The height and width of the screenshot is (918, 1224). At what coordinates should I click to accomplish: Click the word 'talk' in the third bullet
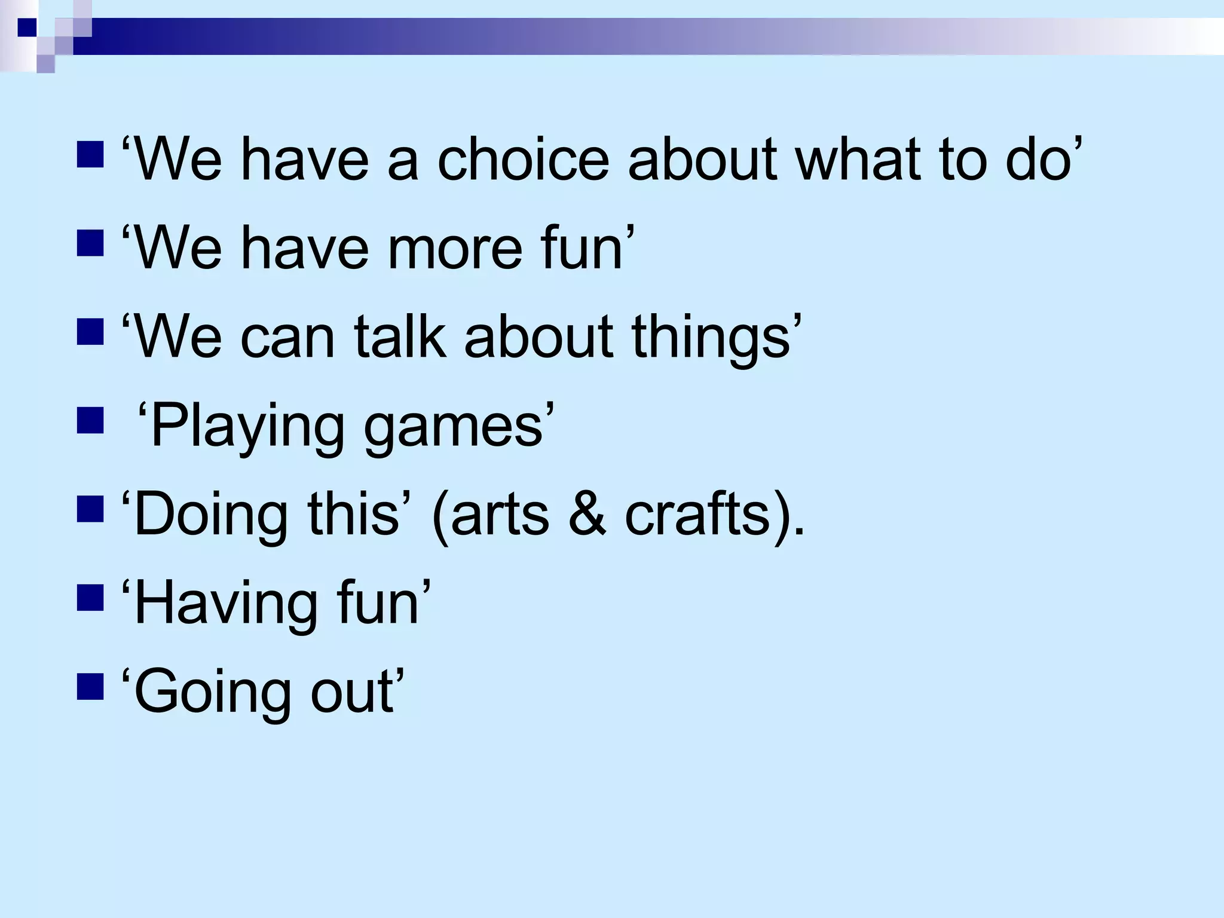tap(400, 336)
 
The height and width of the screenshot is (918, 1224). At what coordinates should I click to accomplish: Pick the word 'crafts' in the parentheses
tap(697, 515)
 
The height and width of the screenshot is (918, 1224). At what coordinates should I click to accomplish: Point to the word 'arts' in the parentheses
tap(500, 515)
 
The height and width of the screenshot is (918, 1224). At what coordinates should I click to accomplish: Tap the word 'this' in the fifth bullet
tap(353, 515)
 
